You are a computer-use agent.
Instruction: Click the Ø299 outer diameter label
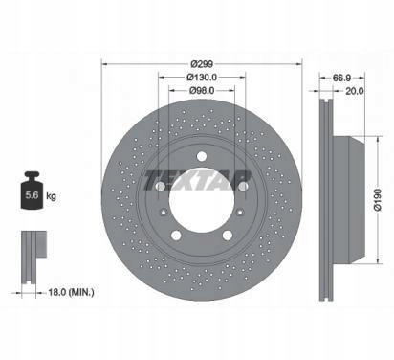[202, 64]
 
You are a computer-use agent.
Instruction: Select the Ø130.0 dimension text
[202, 78]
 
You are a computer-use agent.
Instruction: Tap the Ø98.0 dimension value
[202, 91]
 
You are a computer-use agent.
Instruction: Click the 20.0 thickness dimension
[355, 91]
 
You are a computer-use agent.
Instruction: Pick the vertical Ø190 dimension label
[378, 199]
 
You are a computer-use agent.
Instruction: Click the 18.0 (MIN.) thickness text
[71, 292]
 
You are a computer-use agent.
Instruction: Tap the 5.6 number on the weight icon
[32, 195]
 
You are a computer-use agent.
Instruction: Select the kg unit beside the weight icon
[51, 195]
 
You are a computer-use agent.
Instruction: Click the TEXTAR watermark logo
[197, 180]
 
